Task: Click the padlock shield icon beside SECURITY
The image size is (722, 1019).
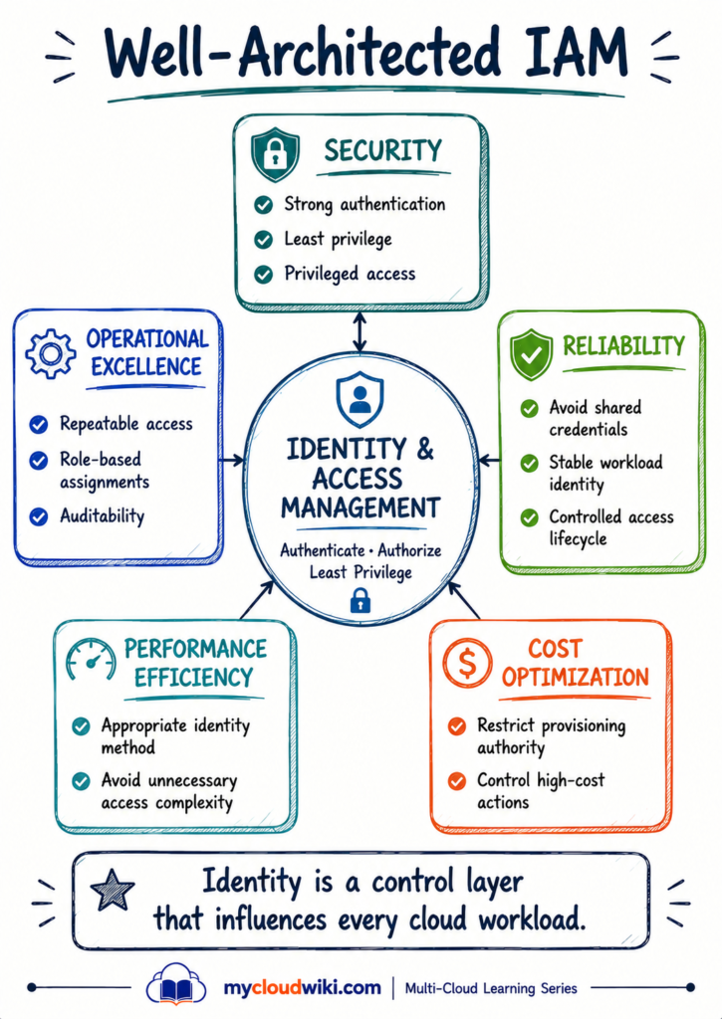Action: (276, 154)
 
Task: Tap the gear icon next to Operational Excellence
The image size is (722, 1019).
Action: (50, 353)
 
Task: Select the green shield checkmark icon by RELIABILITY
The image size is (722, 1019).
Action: (532, 354)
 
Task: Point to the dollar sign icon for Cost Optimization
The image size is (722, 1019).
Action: (467, 662)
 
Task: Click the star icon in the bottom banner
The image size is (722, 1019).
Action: (113, 889)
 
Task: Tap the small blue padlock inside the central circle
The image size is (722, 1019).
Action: (361, 600)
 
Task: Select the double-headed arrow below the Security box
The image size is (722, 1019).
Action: (360, 332)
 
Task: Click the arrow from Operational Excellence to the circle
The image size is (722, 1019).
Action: (232, 461)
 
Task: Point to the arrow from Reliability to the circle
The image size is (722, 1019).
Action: (489, 461)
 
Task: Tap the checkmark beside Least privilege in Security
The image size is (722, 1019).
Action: (264, 240)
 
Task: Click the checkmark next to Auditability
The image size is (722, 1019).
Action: (39, 516)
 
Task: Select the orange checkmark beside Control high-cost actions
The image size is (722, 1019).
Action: (457, 780)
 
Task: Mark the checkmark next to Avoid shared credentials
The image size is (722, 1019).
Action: (530, 408)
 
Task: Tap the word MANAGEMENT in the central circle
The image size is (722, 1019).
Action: (361, 508)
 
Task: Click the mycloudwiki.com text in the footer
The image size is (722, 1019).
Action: (303, 988)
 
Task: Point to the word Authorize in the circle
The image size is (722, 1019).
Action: (409, 550)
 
